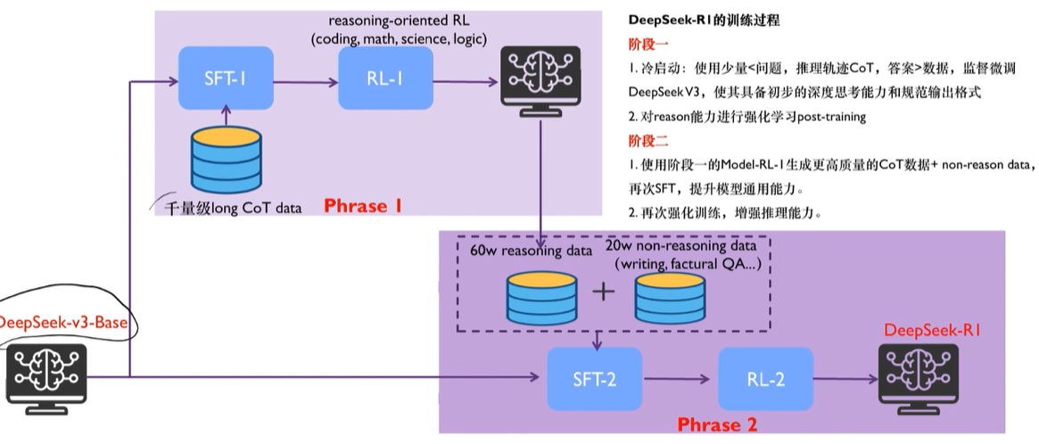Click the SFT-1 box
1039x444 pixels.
coord(226,78)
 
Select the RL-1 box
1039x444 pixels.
coord(385,78)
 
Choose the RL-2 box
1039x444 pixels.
coord(765,378)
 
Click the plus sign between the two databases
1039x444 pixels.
coord(604,293)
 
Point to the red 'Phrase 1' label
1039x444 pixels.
coord(362,207)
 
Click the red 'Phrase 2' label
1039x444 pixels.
coord(722,424)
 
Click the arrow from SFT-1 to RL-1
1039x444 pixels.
coord(304,78)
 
